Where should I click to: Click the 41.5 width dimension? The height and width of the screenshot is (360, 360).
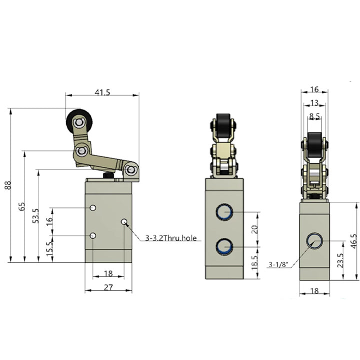point(102,92)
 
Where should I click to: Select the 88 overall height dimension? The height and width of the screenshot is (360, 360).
point(8,185)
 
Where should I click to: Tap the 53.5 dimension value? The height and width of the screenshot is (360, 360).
point(35,216)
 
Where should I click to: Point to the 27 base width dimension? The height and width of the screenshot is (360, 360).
point(108,287)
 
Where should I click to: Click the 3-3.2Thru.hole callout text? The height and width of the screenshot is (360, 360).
point(171,238)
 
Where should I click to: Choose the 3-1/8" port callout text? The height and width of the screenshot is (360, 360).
point(278,264)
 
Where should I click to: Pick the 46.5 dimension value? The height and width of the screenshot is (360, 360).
point(354,241)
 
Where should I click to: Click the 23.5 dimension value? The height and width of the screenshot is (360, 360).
point(340,260)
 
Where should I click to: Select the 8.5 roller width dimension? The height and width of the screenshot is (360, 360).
point(314,116)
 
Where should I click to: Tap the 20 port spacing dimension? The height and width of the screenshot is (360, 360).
point(254,229)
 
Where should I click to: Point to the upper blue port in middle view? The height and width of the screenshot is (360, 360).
point(224,212)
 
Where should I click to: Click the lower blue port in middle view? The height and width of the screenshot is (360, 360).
point(224,247)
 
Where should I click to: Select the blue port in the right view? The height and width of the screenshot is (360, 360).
point(314,241)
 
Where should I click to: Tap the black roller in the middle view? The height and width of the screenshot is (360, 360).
point(223,125)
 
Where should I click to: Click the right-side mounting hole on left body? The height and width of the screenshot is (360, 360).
point(124,221)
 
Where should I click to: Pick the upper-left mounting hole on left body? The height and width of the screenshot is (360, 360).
point(93,208)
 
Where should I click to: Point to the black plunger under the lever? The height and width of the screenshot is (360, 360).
point(108,175)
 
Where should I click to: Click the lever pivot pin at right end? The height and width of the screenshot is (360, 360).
point(130,170)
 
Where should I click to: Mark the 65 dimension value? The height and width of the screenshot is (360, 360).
point(22,206)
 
